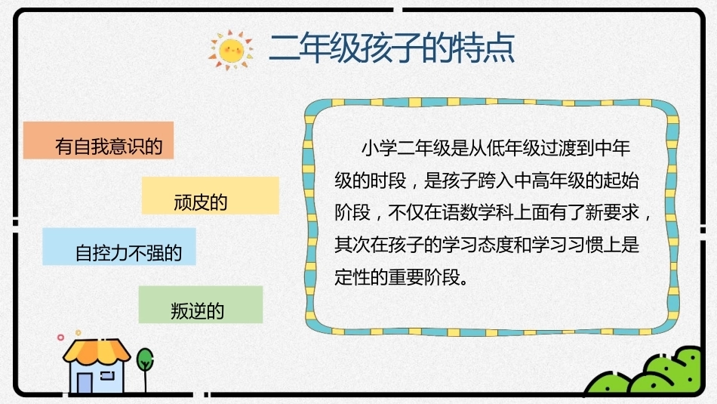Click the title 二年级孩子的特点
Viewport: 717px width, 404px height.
392,48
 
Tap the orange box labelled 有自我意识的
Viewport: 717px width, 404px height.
98,140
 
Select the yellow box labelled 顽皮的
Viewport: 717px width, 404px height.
211,196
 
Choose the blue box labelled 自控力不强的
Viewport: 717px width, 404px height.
119,247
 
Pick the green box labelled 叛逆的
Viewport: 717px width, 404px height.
201,305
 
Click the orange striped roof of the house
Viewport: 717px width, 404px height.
97,350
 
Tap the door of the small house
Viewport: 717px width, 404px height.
85,383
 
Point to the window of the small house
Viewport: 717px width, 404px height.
107,376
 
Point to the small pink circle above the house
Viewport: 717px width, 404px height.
60,338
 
